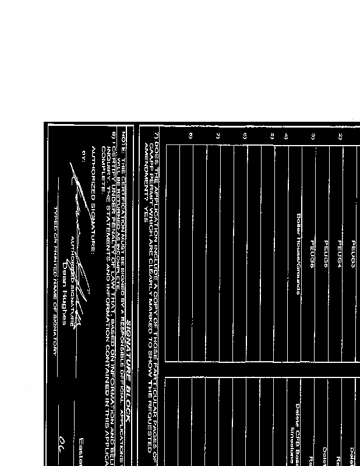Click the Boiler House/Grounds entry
(298, 254)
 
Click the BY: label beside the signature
(84, 156)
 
